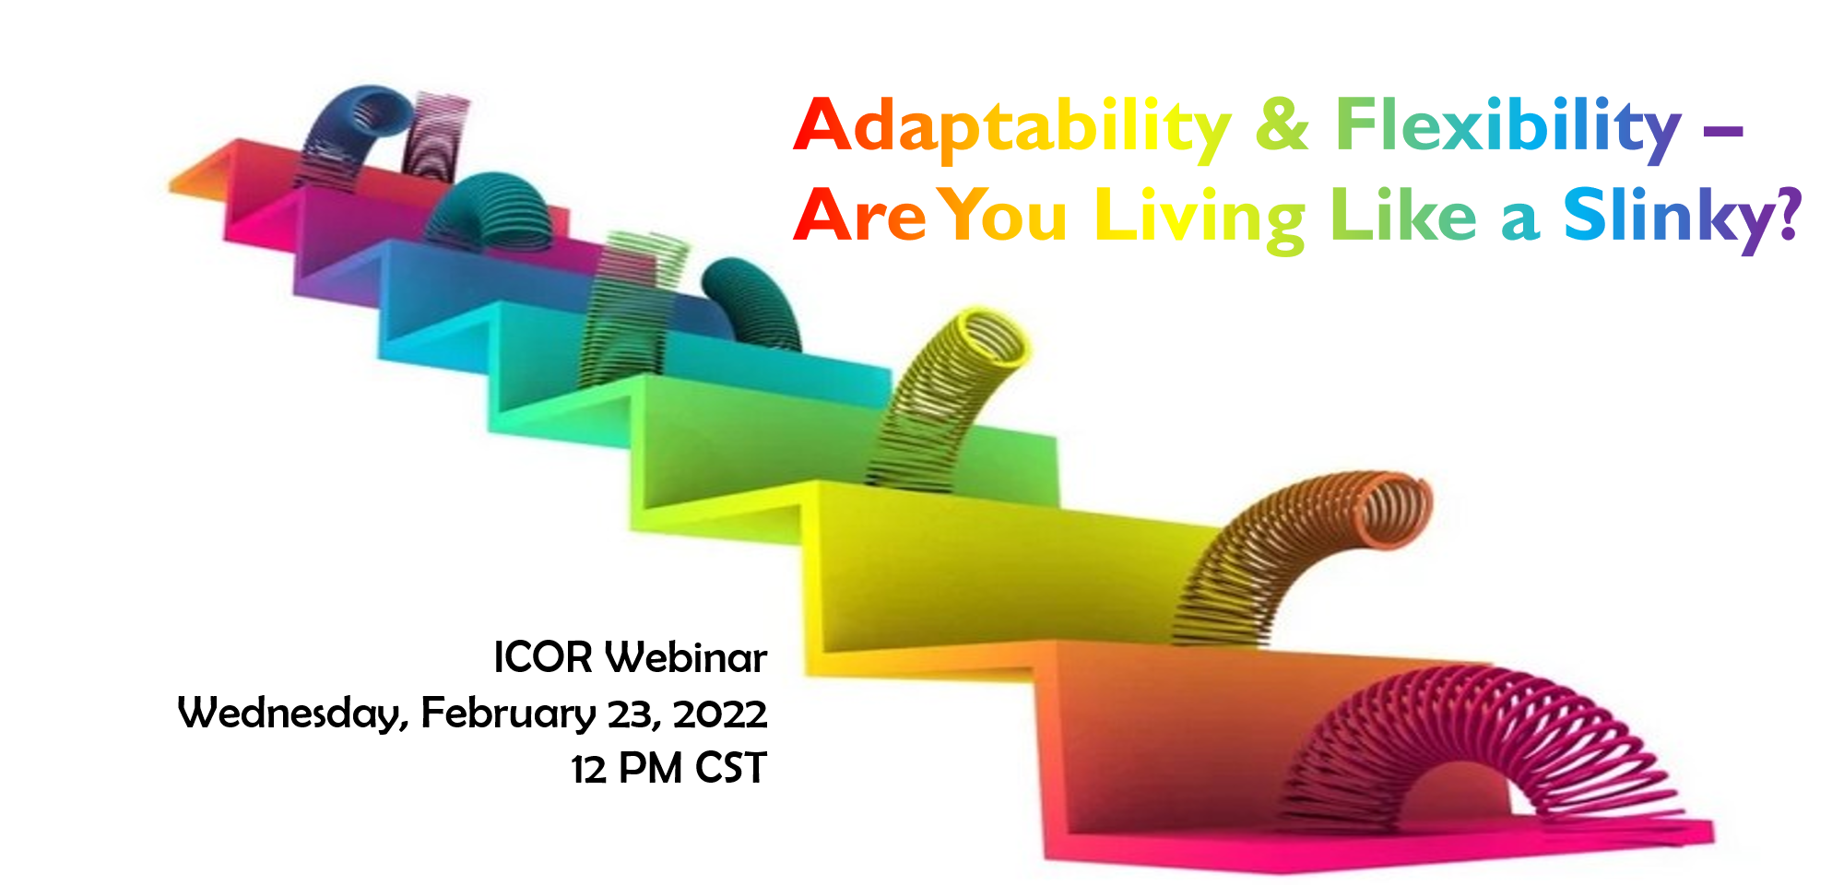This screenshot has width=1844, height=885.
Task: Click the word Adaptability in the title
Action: (1011, 128)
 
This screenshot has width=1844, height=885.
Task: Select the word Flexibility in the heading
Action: (1508, 128)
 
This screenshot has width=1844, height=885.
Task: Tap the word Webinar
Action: (686, 657)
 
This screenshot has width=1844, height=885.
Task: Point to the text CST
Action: (731, 769)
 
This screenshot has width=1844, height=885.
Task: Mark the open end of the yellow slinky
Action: (991, 336)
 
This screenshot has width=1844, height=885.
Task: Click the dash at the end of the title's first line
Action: (1723, 130)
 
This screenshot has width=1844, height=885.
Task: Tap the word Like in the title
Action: (1402, 216)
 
